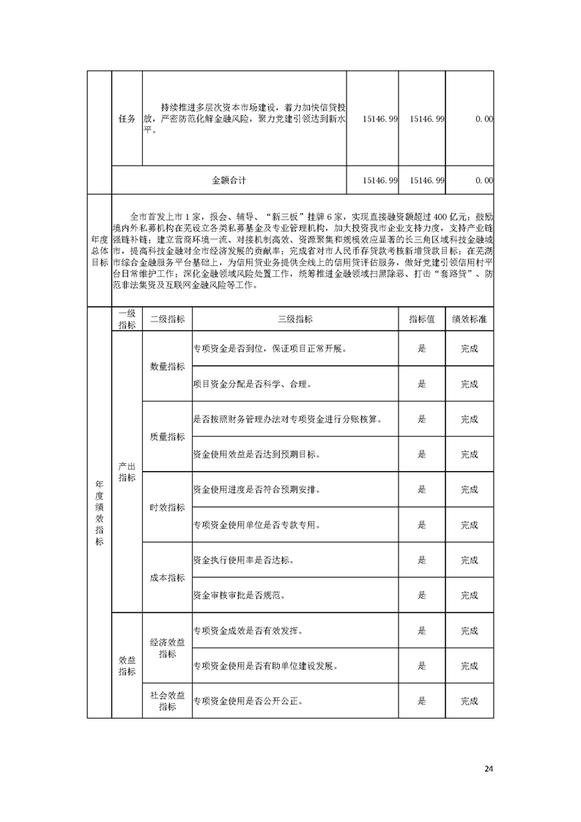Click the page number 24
coord(489,769)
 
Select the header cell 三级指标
coord(295,319)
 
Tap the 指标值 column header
coord(421,319)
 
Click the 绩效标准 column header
coord(469,319)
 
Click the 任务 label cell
coord(127,119)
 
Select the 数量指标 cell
coord(167,366)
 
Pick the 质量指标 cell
coord(167,437)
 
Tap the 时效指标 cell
coord(167,507)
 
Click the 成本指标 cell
coord(167,577)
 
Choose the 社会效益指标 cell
coord(167,700)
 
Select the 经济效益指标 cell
coord(167,648)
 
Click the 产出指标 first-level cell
coord(127,472)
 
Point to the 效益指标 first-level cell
coord(127,665)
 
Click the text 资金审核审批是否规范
coord(238,595)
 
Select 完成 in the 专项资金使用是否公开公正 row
coord(469,701)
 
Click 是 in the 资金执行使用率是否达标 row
coord(421,560)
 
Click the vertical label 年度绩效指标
coord(99,513)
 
